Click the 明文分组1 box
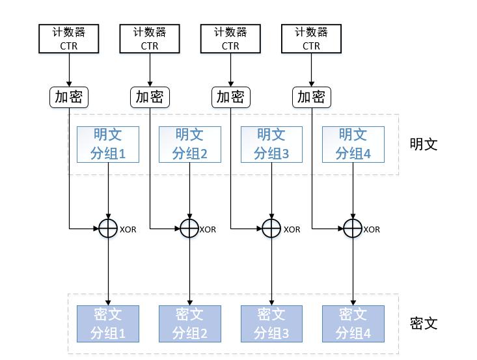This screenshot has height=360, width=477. click(107, 145)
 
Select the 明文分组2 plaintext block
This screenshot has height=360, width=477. click(189, 145)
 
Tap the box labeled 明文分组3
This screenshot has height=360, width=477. click(271, 145)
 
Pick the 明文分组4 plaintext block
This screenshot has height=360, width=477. click(353, 145)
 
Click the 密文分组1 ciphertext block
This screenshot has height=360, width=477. click(107, 324)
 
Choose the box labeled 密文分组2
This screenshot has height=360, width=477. click(189, 324)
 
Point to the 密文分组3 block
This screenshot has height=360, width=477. click(271, 324)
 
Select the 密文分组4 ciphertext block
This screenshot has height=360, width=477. click(353, 324)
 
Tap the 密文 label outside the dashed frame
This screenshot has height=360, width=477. click(424, 324)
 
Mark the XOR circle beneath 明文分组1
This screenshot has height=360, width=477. click(108, 228)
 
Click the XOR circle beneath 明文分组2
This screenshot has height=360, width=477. click(189, 228)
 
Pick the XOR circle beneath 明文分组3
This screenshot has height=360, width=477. click(271, 228)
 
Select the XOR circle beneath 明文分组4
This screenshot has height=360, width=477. click(353, 228)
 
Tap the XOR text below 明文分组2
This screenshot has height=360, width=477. click(208, 229)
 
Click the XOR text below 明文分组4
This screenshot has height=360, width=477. click(372, 229)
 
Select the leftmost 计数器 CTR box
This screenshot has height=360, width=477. click(68, 38)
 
